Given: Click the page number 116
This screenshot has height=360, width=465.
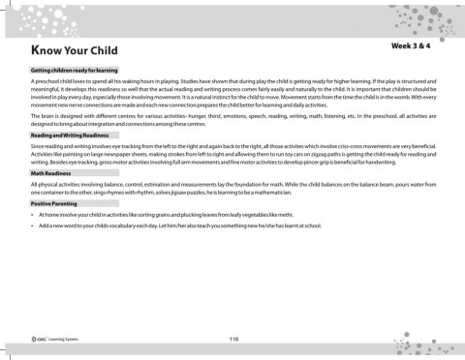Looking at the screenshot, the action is click(x=233, y=338).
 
